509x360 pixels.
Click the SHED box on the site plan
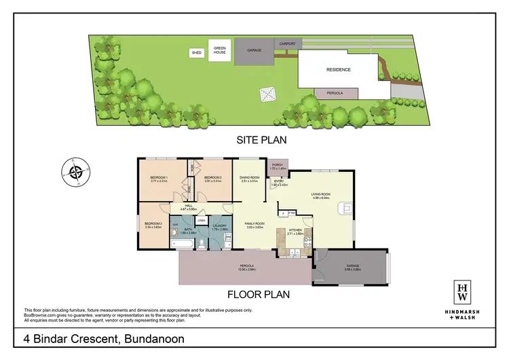point(197,52)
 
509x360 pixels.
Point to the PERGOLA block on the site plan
point(336,93)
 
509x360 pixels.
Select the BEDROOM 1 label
point(159,178)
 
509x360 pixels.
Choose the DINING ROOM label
point(250,178)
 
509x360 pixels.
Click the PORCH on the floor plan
point(277,166)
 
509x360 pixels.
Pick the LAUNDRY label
point(219,226)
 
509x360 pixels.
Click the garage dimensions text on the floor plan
point(352,270)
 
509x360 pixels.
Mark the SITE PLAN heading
point(261,141)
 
